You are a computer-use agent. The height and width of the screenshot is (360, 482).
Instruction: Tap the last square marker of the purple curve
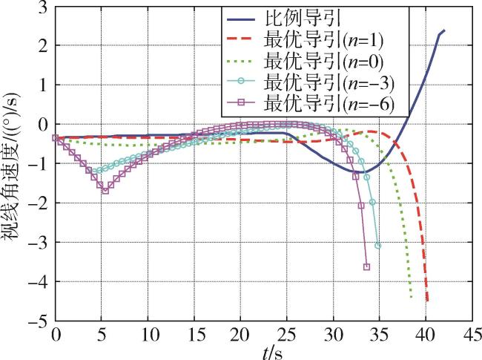(366, 267)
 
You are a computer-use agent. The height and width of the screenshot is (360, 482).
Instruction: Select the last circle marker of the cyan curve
(378, 245)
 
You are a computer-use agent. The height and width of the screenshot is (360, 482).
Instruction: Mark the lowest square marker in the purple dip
(105, 191)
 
